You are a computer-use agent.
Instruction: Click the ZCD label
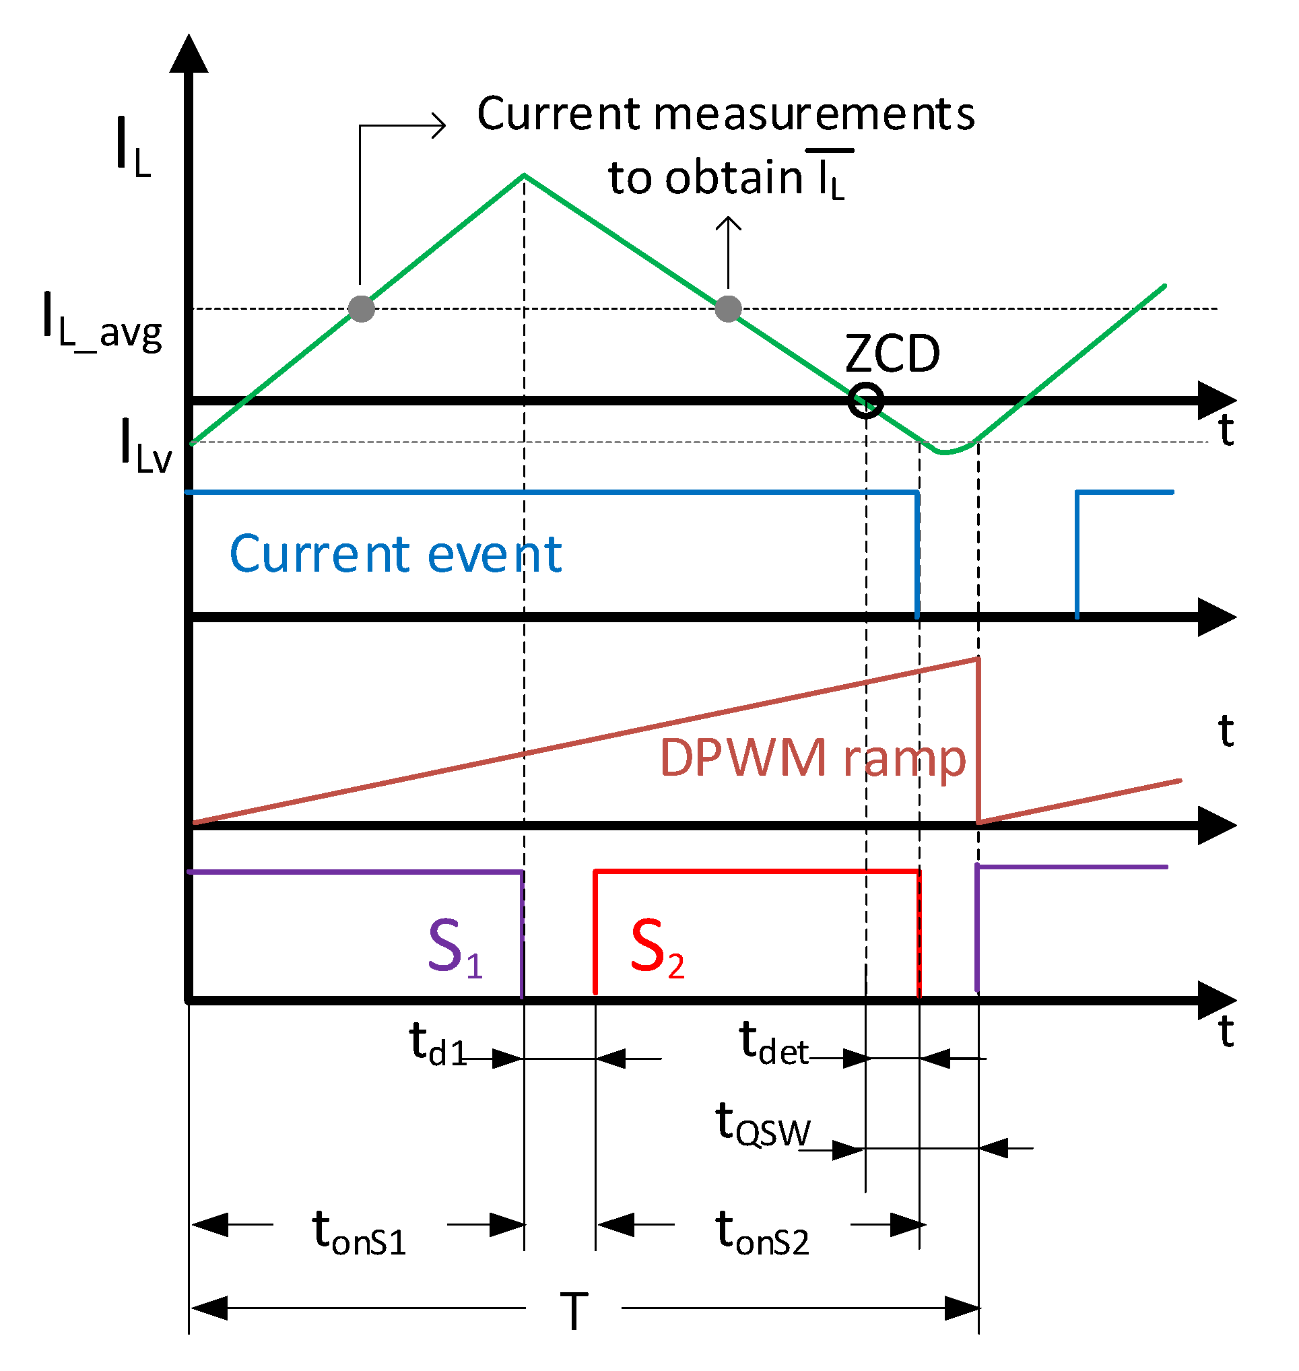click(x=892, y=354)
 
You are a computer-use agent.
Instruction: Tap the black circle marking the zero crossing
click(x=865, y=400)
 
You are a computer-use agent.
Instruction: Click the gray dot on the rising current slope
click(x=362, y=309)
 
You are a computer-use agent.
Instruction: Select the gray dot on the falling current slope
click(x=728, y=309)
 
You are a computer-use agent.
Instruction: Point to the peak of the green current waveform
click(x=524, y=176)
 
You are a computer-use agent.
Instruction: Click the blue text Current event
click(x=395, y=555)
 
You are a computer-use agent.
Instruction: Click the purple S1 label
click(x=455, y=947)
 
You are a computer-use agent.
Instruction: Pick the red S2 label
click(x=657, y=947)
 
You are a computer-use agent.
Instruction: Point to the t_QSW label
click(x=762, y=1125)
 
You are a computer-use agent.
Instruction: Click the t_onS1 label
click(x=359, y=1233)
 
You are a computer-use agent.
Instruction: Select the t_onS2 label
click(x=762, y=1233)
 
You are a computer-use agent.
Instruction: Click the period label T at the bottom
click(x=574, y=1312)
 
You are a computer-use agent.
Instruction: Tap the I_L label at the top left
click(x=133, y=147)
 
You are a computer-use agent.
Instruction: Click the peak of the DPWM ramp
click(x=977, y=659)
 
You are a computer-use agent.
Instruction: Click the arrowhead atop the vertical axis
click(x=189, y=54)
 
